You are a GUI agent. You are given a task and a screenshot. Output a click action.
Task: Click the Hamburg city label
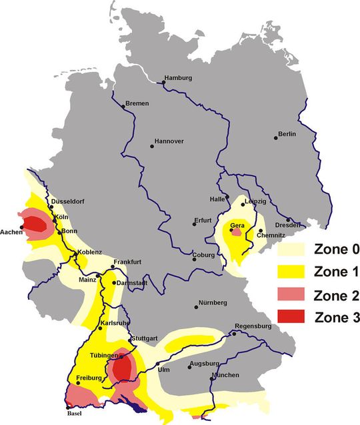pos(179,78)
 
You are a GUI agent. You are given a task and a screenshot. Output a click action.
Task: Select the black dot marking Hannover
pos(152,146)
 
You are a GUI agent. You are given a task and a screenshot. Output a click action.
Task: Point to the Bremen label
pos(137,104)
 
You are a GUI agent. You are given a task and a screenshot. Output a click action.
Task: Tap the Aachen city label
pos(11,234)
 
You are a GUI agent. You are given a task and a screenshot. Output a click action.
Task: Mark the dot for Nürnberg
pos(197,306)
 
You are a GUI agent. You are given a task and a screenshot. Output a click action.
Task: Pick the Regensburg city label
pos(253,326)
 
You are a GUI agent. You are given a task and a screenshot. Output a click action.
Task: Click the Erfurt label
pos(203,220)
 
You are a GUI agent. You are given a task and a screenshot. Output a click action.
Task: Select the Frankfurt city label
pos(127,262)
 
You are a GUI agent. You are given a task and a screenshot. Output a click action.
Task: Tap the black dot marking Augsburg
pos(189,367)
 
